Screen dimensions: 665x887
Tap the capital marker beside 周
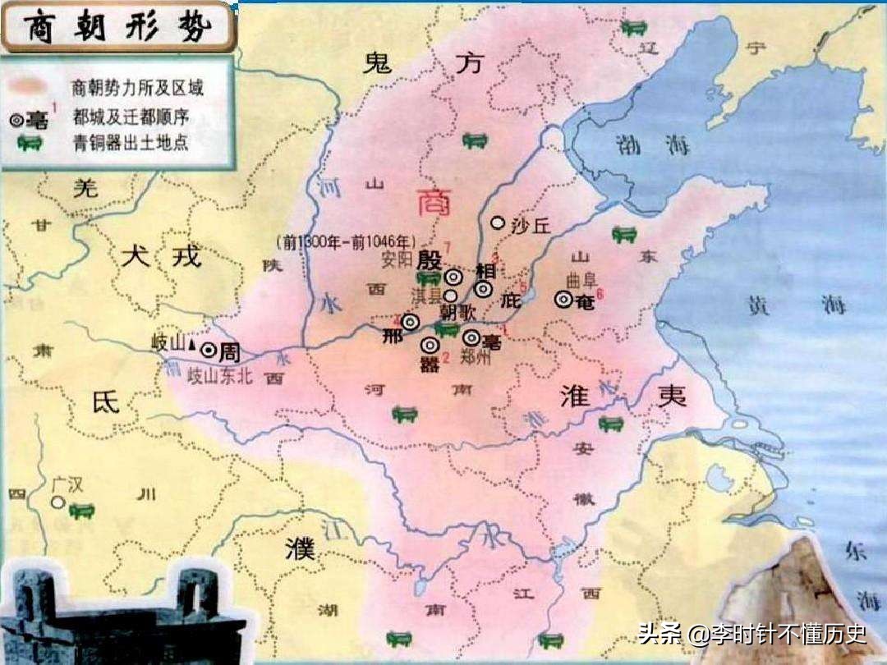coord(209,351)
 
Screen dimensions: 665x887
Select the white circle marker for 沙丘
coord(497,222)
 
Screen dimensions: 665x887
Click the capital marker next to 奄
coord(563,300)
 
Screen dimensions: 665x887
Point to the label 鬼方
coord(422,63)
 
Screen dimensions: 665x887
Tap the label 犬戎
coord(160,256)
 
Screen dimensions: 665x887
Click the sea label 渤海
coord(649,147)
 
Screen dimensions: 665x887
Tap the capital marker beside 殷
coord(453,277)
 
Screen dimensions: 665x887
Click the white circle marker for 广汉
coord(57,502)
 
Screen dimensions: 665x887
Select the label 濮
coord(300,550)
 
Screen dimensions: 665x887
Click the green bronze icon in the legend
coord(30,143)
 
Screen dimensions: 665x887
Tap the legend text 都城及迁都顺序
coord(130,117)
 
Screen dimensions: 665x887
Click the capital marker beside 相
coord(484,288)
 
